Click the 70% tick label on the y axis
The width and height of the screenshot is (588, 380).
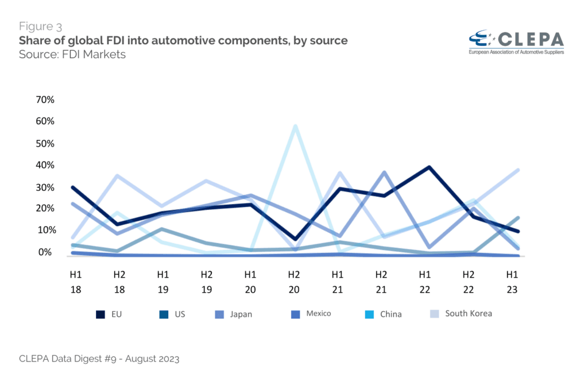[x=45, y=100]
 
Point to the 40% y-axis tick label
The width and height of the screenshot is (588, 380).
[x=45, y=166]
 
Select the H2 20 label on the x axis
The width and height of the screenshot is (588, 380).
[x=294, y=282]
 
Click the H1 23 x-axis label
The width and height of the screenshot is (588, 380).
[x=512, y=282]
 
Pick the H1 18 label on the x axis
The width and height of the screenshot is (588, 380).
[x=75, y=282]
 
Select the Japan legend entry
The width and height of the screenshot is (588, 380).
[x=241, y=314]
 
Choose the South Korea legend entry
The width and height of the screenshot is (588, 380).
[x=468, y=313]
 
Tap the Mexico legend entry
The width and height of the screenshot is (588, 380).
[x=318, y=313]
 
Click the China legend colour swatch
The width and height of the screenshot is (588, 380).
[x=370, y=314]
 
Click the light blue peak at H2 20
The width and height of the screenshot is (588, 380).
[x=295, y=126]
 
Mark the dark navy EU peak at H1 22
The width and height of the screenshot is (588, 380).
[x=425, y=167]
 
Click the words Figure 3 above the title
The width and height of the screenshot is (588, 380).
[x=41, y=26]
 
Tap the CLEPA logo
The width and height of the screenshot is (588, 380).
[x=516, y=41]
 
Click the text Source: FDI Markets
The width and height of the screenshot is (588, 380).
[x=72, y=55]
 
